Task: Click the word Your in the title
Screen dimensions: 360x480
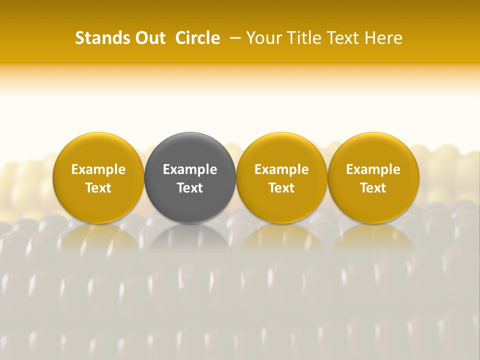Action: pyautogui.click(x=263, y=38)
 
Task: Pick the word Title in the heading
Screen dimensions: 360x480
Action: pyautogui.click(x=300, y=38)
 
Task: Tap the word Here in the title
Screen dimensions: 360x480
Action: pyautogui.click(x=383, y=38)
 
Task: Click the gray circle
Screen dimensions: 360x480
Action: pyautogui.click(x=190, y=200)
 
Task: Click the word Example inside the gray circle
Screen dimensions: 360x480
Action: pyautogui.click(x=190, y=169)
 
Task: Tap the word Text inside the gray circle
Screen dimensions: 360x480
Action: pyautogui.click(x=190, y=188)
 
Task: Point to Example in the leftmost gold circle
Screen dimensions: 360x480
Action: pyautogui.click(x=98, y=169)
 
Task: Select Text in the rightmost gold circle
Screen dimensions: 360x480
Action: pyautogui.click(x=373, y=188)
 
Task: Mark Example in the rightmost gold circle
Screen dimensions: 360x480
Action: pyautogui.click(x=373, y=169)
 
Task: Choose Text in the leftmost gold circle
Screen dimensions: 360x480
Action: pyautogui.click(x=98, y=188)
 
